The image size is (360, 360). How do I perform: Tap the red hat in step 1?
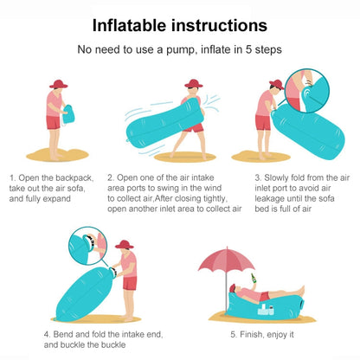[59, 85]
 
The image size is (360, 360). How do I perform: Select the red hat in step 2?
[192, 85]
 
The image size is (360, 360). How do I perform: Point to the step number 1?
[11, 177]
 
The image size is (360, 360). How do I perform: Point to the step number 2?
[110, 177]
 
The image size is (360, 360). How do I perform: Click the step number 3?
[257, 177]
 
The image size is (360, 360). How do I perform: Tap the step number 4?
[46, 333]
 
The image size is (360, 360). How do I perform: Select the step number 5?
[233, 333]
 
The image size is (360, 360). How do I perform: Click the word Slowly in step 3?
[279, 177]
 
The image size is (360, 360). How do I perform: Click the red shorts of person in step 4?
[130, 282]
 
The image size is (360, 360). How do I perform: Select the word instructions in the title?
[219, 26]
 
